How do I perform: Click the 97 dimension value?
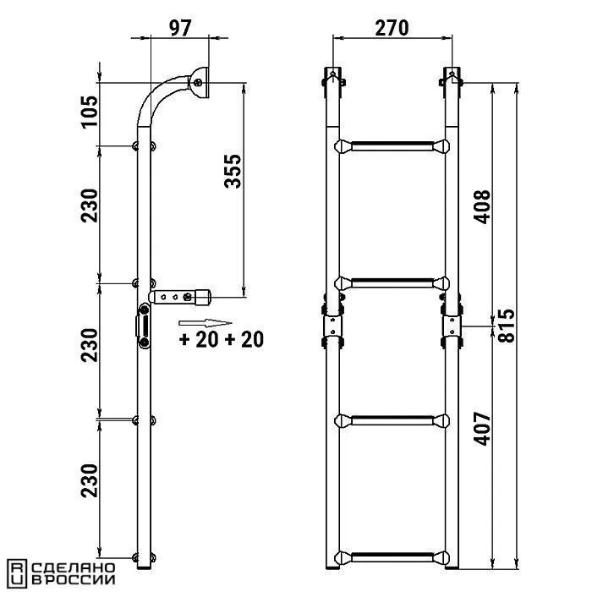[x=180, y=28]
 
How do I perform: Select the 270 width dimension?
[x=392, y=28]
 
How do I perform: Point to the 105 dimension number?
[x=90, y=112]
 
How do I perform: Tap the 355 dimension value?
[x=233, y=171]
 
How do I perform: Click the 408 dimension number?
[x=482, y=207]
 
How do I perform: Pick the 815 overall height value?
[x=506, y=326]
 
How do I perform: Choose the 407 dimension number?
[x=482, y=429]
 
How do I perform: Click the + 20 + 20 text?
[x=222, y=339]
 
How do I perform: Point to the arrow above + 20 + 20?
[x=205, y=323]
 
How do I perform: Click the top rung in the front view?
[x=392, y=146]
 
